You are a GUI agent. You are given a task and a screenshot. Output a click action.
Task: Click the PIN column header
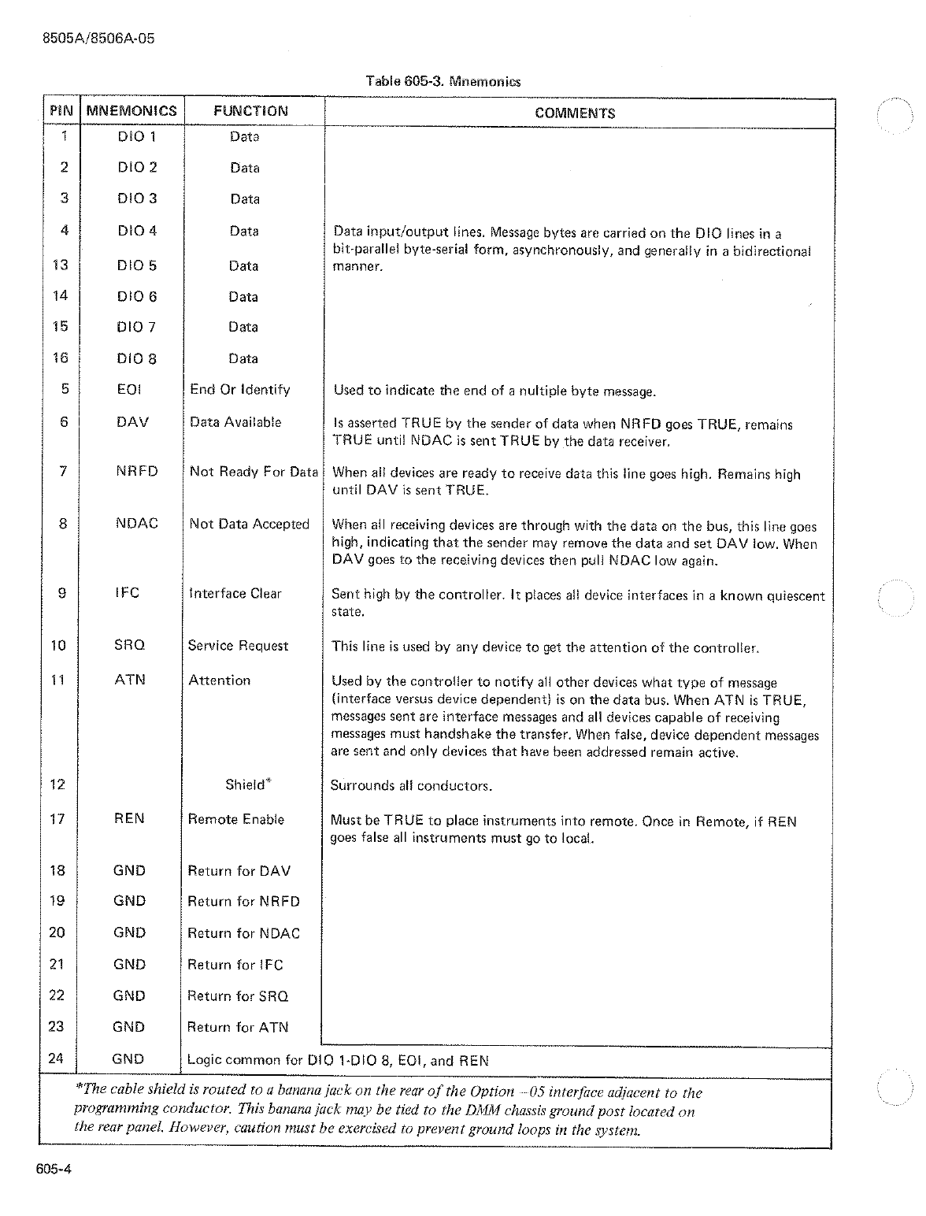coord(61,111)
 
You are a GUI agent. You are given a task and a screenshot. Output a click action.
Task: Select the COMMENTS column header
coord(575,113)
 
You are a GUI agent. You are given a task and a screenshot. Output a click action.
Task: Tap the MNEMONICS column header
coord(131,111)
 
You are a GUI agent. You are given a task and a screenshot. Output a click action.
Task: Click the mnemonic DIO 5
coord(136,265)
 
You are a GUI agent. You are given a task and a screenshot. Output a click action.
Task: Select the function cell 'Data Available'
coord(235,422)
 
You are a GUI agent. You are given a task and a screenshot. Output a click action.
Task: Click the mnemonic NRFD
coord(136,472)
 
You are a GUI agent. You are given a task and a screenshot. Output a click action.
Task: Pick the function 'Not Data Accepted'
coord(249,525)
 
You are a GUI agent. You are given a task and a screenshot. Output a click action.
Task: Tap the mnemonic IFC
coord(127,593)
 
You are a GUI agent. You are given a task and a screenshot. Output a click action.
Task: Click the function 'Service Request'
coord(238,646)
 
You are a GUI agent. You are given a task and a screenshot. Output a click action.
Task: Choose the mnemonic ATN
coord(130,680)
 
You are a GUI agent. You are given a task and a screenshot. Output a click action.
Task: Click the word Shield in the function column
coord(245,784)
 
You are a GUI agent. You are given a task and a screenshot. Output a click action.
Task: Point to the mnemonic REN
coord(129,819)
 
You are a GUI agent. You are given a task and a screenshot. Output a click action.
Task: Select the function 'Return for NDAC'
coord(243,933)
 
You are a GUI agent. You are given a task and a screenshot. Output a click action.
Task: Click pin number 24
coord(56,1058)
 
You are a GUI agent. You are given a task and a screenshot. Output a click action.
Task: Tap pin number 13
coord(60,265)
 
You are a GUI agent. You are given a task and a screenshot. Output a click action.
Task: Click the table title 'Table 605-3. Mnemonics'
coord(443,81)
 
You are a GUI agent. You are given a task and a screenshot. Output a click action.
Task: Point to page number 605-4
coord(53,1170)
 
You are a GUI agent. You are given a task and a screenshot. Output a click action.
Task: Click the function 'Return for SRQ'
coord(238,996)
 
